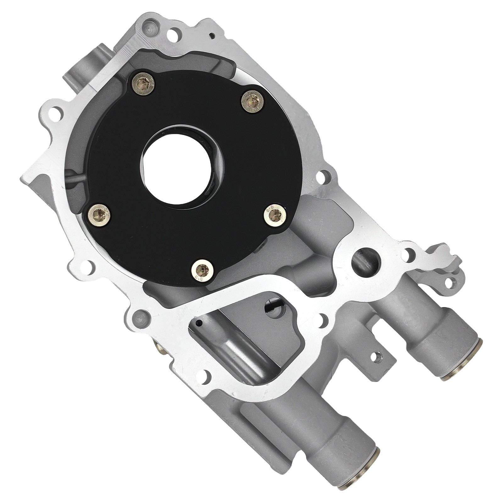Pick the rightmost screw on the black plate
point(275,215)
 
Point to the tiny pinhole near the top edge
point(213,35)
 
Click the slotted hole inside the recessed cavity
point(271,304)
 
